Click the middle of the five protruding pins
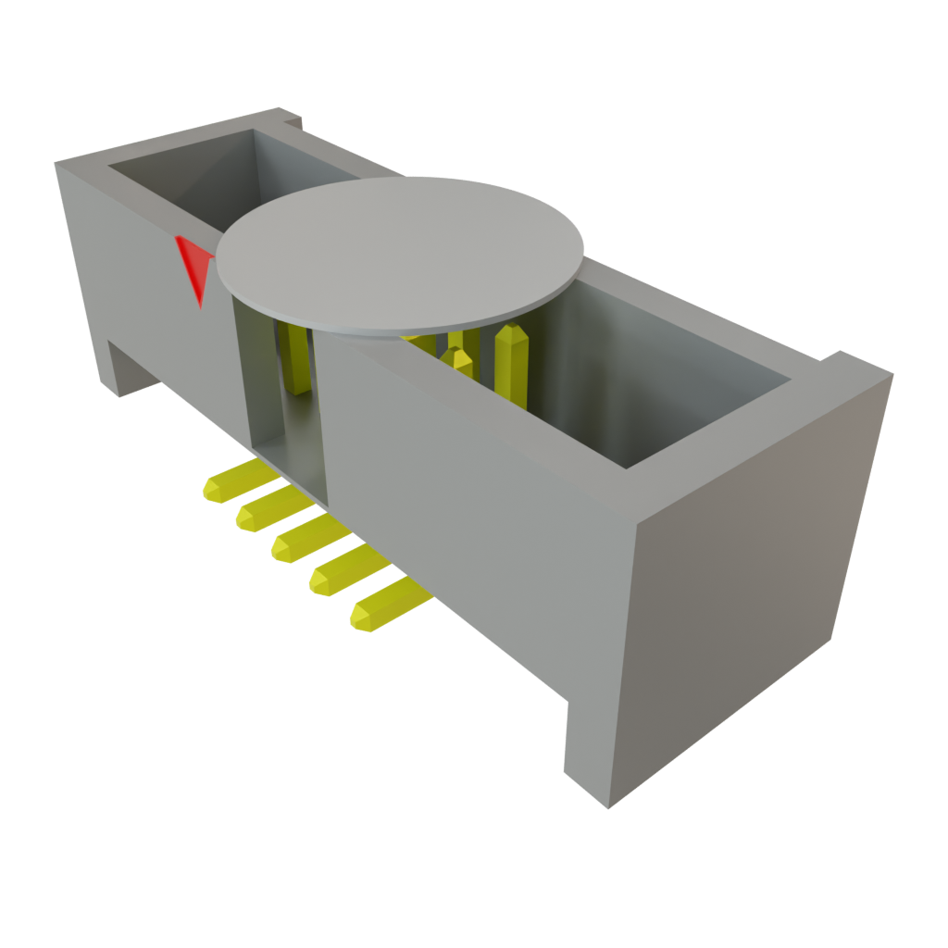coord(302,540)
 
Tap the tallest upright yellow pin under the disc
coord(511,366)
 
